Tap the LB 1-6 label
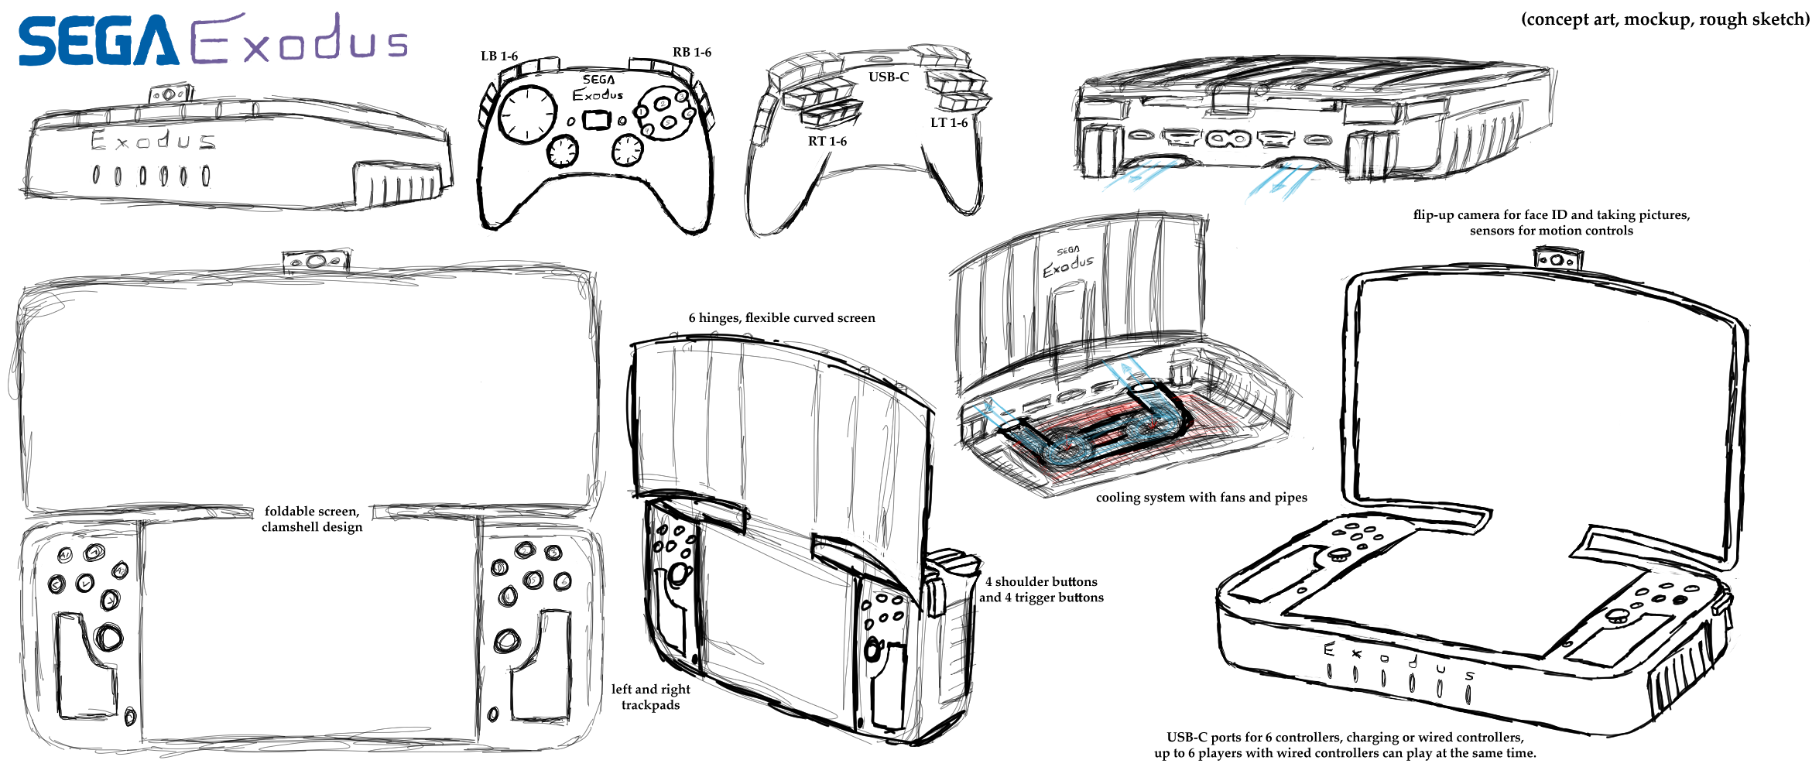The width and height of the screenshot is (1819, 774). click(499, 56)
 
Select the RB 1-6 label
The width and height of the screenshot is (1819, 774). click(691, 52)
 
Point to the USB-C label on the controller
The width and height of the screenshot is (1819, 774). click(888, 77)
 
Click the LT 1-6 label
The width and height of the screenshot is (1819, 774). click(948, 122)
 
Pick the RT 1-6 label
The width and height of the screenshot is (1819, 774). click(827, 141)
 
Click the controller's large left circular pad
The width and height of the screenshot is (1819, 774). click(528, 114)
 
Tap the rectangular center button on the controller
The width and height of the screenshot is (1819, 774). click(596, 120)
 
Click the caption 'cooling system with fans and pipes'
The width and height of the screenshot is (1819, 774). click(1201, 497)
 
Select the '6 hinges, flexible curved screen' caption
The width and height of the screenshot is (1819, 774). click(782, 317)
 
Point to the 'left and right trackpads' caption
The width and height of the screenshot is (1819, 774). click(650, 697)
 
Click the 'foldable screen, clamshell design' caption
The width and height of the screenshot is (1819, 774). click(312, 519)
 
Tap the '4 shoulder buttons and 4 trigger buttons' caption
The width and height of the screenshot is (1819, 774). click(1041, 589)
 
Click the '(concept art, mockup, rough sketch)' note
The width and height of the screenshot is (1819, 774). click(1665, 19)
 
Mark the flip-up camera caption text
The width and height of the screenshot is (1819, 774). click(1551, 222)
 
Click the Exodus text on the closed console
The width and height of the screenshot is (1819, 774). click(152, 141)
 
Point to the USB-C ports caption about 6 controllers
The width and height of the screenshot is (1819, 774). click(1345, 745)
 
